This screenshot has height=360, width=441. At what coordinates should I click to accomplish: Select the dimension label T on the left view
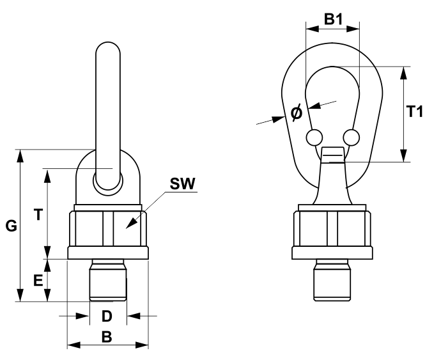[38, 215]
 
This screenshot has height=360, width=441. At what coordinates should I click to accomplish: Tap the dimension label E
[38, 280]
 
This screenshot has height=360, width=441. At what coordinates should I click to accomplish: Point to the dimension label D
[107, 316]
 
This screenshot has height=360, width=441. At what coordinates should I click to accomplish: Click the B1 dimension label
[333, 20]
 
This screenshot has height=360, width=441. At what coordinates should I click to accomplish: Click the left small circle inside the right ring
[314, 137]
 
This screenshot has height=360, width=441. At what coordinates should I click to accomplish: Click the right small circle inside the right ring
[350, 137]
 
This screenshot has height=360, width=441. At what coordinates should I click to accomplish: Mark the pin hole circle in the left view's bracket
[107, 179]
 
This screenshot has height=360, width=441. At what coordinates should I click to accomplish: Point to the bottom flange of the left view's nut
[107, 253]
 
